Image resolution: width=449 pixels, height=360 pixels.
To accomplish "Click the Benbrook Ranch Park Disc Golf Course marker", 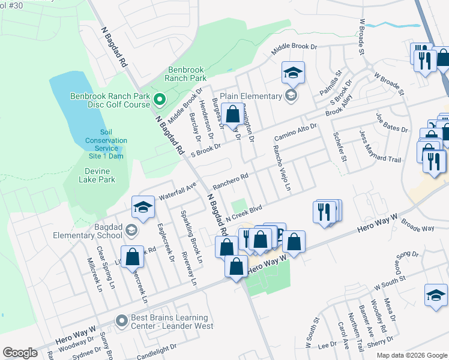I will [160, 99].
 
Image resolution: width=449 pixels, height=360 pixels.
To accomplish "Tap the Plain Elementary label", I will [251, 96].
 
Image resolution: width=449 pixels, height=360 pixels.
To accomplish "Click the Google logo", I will [20, 352].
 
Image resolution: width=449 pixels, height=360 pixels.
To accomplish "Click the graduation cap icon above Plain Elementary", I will [293, 73].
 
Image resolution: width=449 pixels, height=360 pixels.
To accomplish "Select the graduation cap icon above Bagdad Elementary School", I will [143, 208].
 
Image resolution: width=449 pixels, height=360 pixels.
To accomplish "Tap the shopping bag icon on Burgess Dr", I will [233, 113].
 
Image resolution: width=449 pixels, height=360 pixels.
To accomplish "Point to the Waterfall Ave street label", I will [178, 191].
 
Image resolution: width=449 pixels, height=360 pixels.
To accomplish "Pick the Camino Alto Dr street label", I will [295, 130].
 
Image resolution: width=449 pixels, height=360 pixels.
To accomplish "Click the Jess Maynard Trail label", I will [379, 148].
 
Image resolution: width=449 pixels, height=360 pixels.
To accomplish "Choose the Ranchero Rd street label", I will [231, 181].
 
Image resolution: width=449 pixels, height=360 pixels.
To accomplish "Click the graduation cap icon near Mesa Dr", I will [436, 295].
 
